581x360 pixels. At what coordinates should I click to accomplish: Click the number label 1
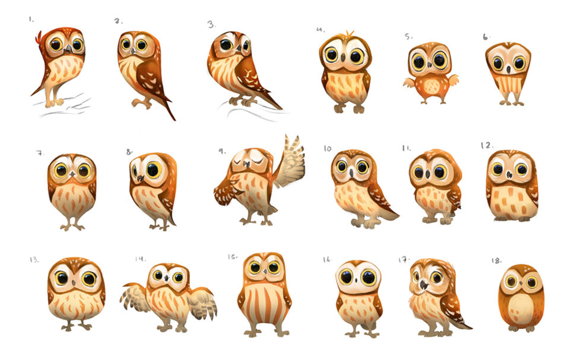coord(31,20)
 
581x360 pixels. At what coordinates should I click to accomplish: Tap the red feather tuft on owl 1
coord(38,37)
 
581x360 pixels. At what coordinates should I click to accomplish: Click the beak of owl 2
coord(133,50)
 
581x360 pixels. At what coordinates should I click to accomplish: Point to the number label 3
coord(211,25)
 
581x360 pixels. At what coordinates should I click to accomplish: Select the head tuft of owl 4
coord(349,34)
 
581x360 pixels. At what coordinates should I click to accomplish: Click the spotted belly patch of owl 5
coord(431,87)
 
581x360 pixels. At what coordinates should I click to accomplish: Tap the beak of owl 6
coord(509,69)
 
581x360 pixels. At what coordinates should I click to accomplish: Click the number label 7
coord(40,153)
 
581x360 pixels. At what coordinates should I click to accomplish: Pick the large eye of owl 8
coord(153,170)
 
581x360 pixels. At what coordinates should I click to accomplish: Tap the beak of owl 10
coord(351,173)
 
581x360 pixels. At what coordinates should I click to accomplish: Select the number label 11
coord(407,148)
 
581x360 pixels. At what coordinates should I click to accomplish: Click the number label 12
coord(487,145)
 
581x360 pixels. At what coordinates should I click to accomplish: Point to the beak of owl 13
coord(74,283)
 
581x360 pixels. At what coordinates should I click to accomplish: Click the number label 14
coord(141,259)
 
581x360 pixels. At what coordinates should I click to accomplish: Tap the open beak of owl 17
coord(423,285)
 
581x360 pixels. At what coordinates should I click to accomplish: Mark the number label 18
coord(497,261)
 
